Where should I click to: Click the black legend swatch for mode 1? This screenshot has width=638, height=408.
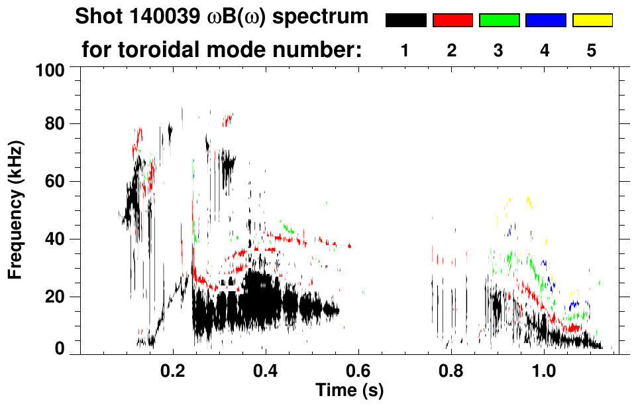pyautogui.click(x=405, y=21)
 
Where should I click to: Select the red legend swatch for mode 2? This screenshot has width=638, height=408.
pyautogui.click(x=452, y=21)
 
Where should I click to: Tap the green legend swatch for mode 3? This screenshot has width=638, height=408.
pyautogui.click(x=499, y=21)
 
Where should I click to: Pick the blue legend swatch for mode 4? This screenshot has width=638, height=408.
pyautogui.click(x=545, y=21)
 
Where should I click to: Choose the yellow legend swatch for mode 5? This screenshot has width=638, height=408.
pyautogui.click(x=592, y=21)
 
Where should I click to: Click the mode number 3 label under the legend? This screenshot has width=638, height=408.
pyautogui.click(x=498, y=50)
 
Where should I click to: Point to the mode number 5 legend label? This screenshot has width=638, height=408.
pyautogui.click(x=592, y=50)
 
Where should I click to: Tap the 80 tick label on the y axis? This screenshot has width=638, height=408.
pyautogui.click(x=57, y=124)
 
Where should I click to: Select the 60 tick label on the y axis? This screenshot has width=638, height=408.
pyautogui.click(x=57, y=182)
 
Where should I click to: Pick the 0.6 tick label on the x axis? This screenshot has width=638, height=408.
pyautogui.click(x=358, y=370)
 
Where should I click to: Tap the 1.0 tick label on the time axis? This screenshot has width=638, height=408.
pyautogui.click(x=543, y=370)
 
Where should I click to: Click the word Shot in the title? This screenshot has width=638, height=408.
pyautogui.click(x=97, y=17)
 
